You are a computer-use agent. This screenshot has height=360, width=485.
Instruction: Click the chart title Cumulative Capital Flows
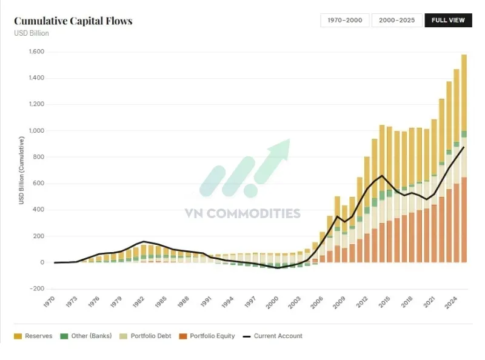[73, 21]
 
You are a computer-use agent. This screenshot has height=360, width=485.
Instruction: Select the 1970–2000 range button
[344, 20]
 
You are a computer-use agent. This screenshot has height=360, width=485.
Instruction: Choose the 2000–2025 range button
[396, 20]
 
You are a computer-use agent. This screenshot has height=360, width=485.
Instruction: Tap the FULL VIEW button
[448, 20]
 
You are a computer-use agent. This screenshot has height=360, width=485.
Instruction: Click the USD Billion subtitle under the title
[32, 33]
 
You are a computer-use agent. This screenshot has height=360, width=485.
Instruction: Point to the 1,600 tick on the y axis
[36, 52]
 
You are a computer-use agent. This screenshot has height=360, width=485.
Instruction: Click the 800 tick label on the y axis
[39, 157]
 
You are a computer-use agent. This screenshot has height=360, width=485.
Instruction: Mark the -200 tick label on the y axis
[37, 288]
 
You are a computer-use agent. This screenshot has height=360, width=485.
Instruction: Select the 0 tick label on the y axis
[42, 262]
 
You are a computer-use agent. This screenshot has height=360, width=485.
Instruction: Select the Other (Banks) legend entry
[84, 336]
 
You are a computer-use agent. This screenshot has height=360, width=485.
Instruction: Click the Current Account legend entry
[272, 336]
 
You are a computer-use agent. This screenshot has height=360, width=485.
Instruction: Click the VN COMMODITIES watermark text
[242, 213]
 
